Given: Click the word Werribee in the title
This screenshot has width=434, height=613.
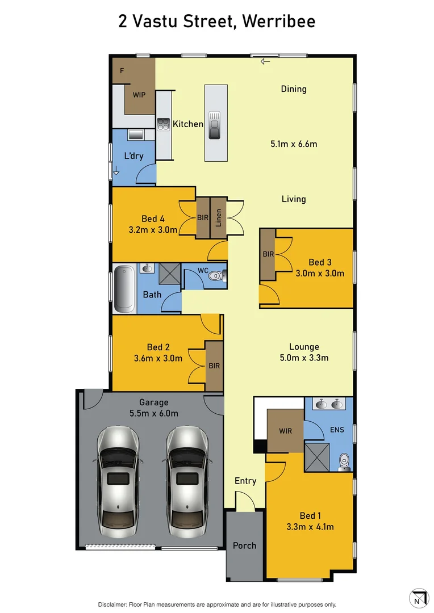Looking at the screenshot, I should click(x=278, y=22).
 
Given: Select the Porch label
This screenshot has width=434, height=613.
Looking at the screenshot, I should click(x=244, y=545).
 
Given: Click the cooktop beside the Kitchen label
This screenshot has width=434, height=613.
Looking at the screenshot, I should click(x=163, y=124).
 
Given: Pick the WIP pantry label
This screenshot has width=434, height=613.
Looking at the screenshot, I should click(x=139, y=95).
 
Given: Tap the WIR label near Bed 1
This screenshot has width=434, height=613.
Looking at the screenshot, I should click(x=285, y=431).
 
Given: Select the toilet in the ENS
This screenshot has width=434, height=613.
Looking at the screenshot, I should click(x=344, y=461).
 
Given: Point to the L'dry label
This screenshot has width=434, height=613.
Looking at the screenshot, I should click(x=133, y=156).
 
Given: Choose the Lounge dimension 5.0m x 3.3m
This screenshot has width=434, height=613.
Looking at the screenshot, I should click(x=304, y=358).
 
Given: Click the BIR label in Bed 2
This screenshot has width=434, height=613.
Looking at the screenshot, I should click(x=214, y=366).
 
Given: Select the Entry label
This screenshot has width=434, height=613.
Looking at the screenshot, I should click(x=245, y=481).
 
